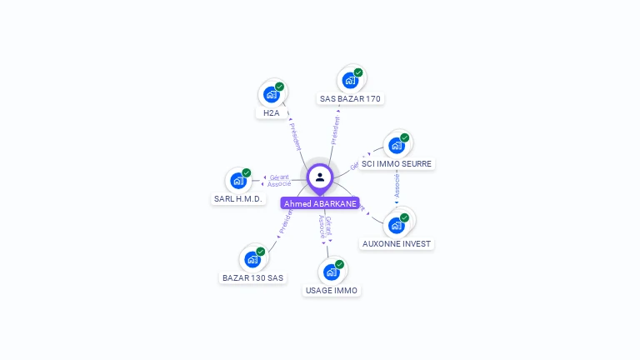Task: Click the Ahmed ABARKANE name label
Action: coord(320,203)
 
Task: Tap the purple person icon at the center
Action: coord(320,177)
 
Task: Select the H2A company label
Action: coord(271,113)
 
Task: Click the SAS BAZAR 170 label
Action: coord(350,99)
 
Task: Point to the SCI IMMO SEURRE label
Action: coord(397,164)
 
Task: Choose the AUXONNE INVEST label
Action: coord(397,244)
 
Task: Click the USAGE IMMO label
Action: coord(331,291)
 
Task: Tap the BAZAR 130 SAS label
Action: coord(252,277)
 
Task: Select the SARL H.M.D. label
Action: coord(237,199)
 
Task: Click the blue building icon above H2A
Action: coord(271,94)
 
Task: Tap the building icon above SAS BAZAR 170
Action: coord(350,80)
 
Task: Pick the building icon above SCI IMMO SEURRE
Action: coord(397,145)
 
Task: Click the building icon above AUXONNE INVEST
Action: coord(397,225)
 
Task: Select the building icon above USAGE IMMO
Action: coord(331,272)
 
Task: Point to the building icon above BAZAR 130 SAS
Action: coord(252,258)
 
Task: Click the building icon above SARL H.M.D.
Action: coord(238,180)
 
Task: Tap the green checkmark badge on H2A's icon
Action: coord(279,87)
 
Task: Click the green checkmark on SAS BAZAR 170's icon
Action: coord(358,72)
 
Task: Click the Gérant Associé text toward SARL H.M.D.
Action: coord(279,180)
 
